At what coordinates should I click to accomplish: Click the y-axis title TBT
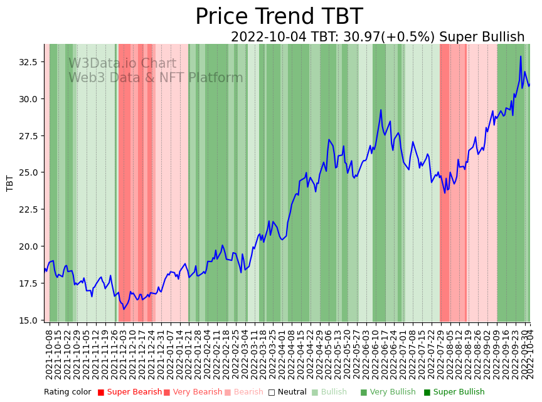[x=10, y=183]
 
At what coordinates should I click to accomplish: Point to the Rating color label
[x=67, y=393]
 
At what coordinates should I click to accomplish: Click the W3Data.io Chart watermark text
[x=122, y=63]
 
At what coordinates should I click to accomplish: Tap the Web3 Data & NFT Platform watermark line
[x=156, y=78]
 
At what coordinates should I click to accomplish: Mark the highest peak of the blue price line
[x=521, y=56]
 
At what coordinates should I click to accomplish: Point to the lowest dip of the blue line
[x=124, y=309]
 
